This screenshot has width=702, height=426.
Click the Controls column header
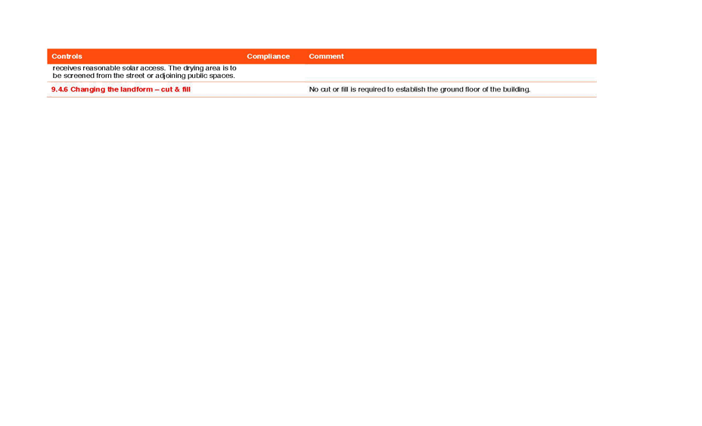[x=67, y=57]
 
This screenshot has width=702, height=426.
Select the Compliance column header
[x=269, y=57]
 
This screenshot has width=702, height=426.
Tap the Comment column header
[x=326, y=57]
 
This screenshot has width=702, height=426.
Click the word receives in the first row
[x=67, y=68]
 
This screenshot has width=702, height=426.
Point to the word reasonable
[x=101, y=68]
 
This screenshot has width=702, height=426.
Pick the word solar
[x=130, y=68]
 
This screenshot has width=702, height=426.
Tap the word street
[x=135, y=76]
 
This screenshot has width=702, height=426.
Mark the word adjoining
[x=170, y=76]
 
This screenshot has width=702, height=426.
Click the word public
[x=196, y=76]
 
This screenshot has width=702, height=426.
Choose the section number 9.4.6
[x=60, y=89]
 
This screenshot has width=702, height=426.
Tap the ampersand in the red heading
[x=177, y=89]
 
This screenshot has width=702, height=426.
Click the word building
[x=516, y=90]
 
